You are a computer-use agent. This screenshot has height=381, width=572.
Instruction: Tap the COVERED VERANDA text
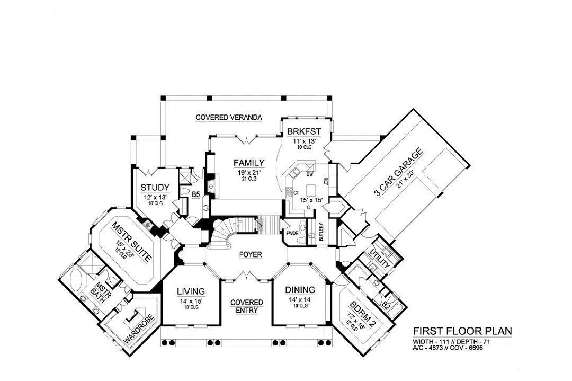(x=229, y=117)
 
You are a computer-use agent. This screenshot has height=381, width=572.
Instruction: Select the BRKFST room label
(x=303, y=132)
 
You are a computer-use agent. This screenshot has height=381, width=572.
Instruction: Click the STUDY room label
(x=155, y=188)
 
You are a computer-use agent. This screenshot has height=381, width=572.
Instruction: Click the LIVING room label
(x=191, y=290)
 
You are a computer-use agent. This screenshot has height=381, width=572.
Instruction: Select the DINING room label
(x=300, y=290)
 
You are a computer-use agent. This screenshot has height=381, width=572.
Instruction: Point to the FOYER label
(x=250, y=254)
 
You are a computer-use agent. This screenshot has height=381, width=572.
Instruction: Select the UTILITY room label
(x=380, y=258)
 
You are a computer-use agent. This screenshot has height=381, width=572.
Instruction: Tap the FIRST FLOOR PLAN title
(x=462, y=331)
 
